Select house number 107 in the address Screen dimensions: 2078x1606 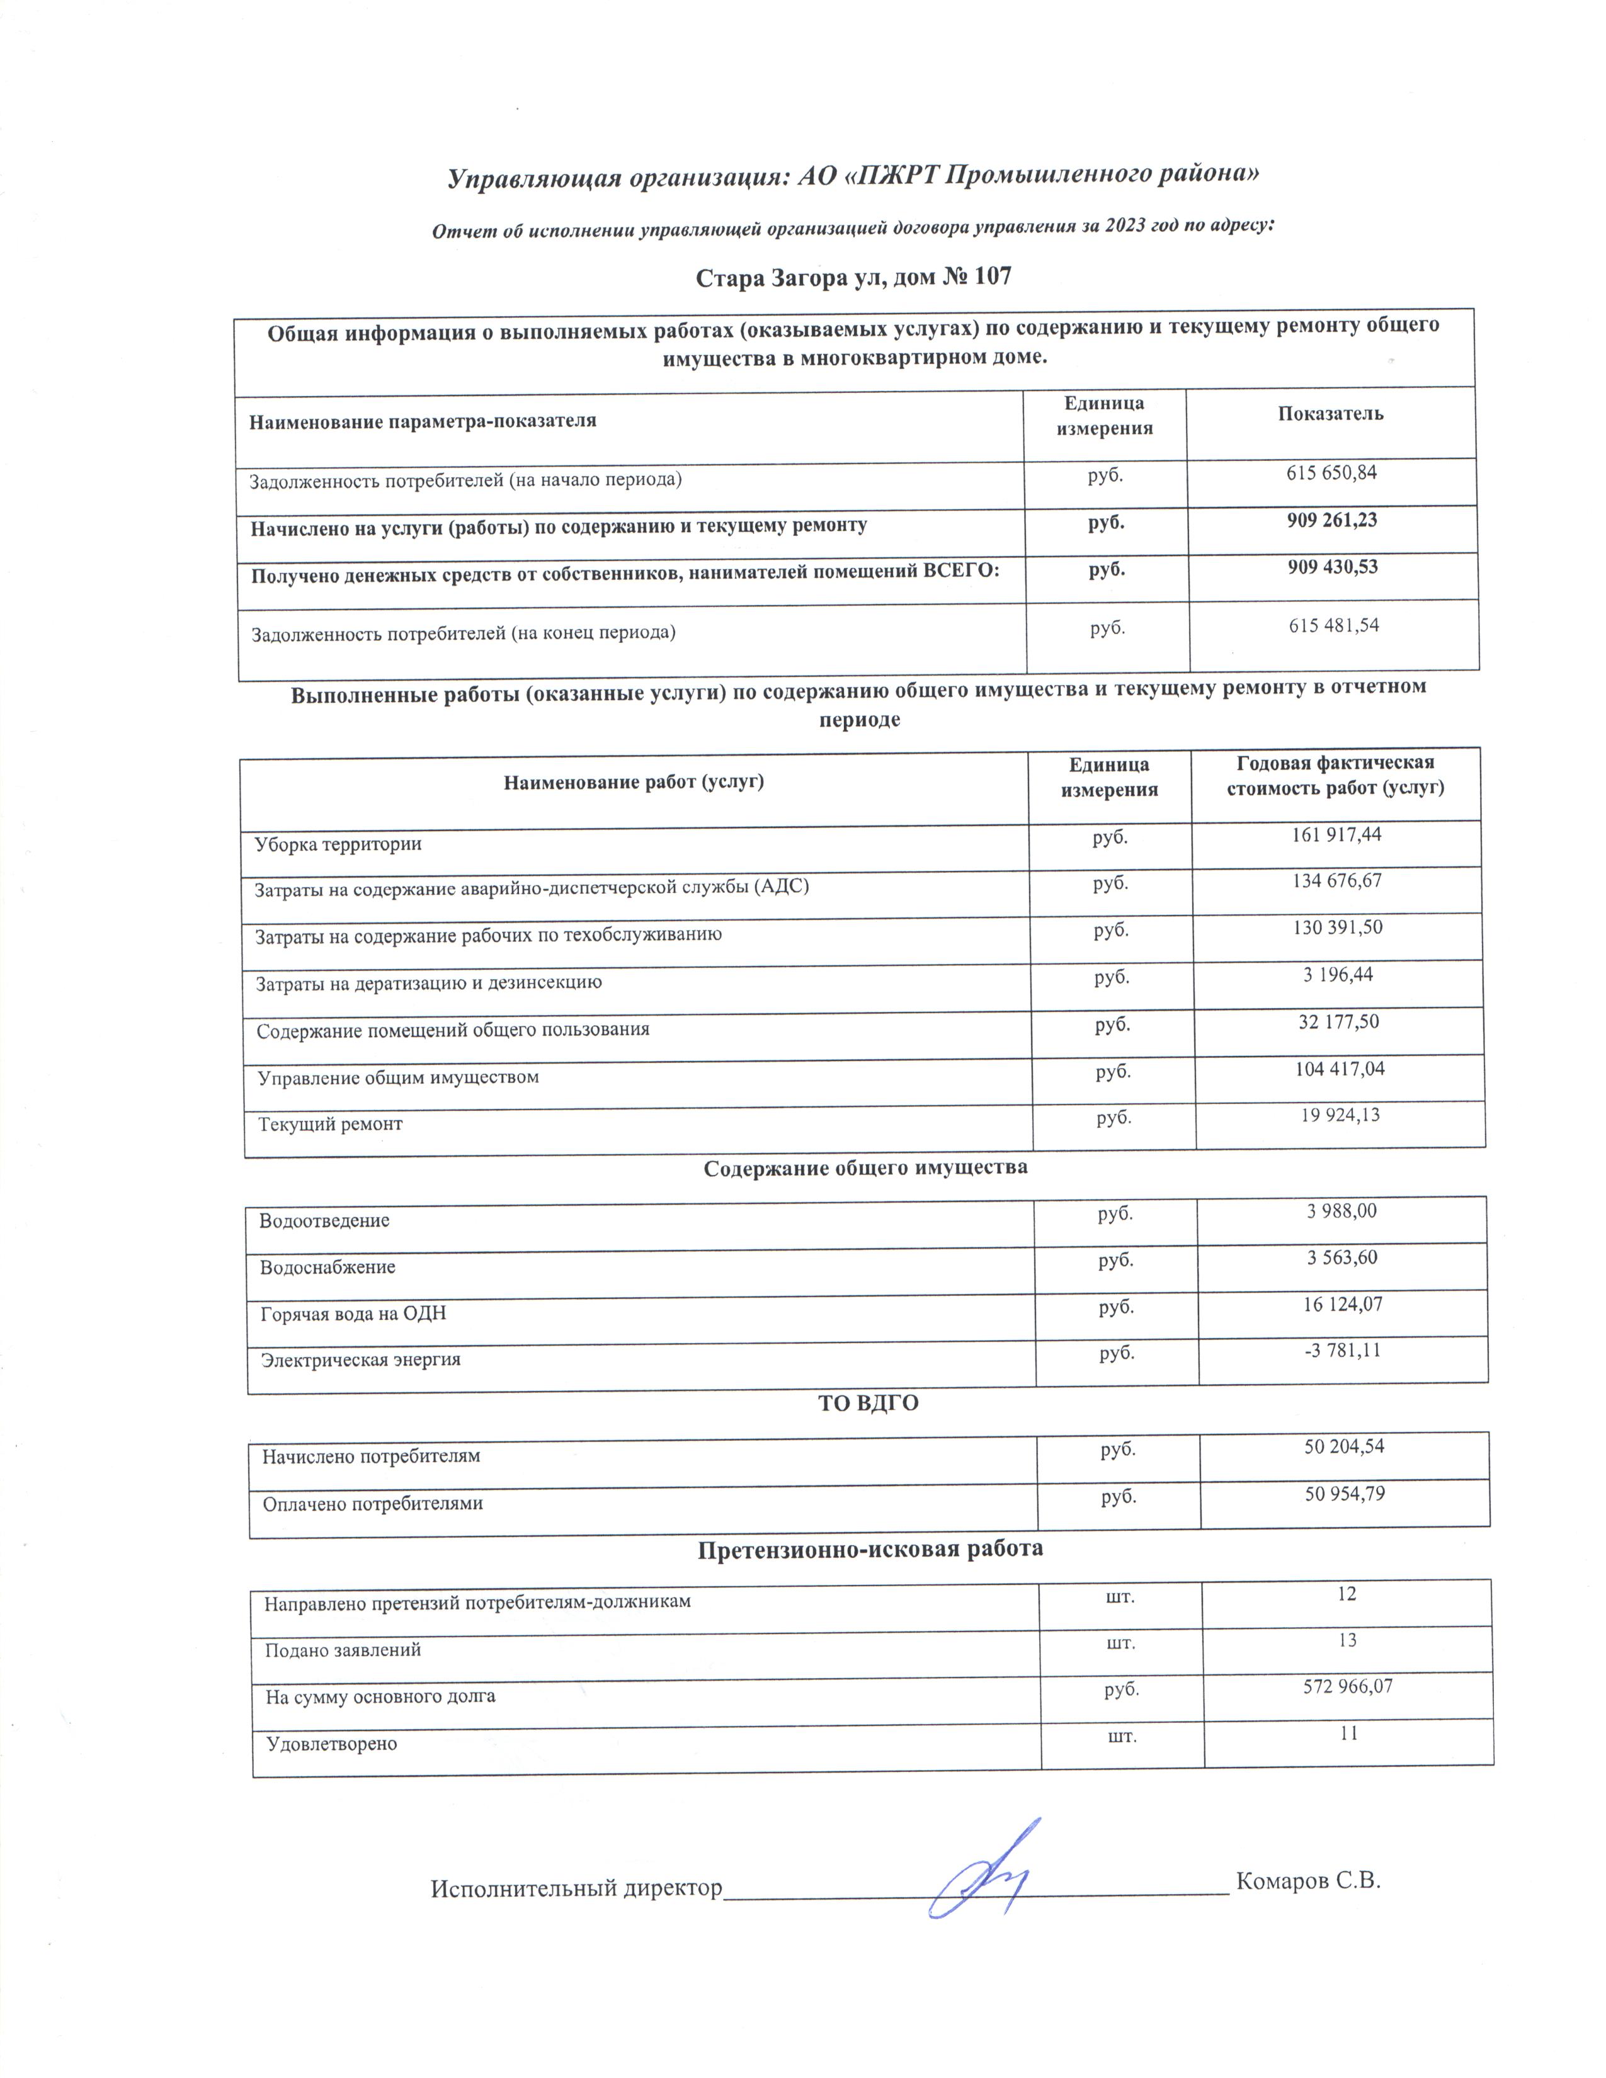[989, 277]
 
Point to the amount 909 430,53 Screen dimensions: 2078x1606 [1332, 567]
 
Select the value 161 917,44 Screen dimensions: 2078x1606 [1336, 834]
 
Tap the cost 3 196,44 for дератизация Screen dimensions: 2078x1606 [1338, 974]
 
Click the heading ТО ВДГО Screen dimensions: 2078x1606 [868, 1402]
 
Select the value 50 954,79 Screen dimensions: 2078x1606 [1345, 1494]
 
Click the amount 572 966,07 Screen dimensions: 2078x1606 [1347, 1687]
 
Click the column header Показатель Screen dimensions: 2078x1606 [1330, 414]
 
